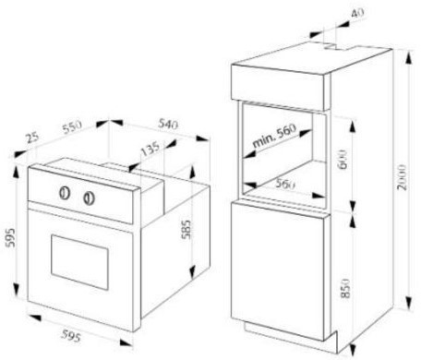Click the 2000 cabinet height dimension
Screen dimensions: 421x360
pos(402,177)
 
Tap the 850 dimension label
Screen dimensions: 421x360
pos(346,288)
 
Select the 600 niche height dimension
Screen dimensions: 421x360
pos(343,160)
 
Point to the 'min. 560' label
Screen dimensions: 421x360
pos(274,136)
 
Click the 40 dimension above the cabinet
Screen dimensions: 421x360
pos(357,13)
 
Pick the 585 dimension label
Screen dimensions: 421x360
pos(186,229)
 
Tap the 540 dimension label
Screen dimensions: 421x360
pos(168,124)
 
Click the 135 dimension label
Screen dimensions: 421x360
pos(150,149)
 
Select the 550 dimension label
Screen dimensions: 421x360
pos(72,126)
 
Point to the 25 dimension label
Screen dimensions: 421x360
pos(32,138)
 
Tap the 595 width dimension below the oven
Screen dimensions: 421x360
pos(71,335)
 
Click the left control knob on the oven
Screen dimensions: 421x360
pos(65,193)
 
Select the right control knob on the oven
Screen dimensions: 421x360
pos(89,198)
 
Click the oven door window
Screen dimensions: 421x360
pos(79,262)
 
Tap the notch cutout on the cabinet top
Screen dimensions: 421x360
pos(339,48)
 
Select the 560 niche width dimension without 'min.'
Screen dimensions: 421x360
pos(285,184)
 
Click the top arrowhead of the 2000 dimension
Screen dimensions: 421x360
pos(409,57)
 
